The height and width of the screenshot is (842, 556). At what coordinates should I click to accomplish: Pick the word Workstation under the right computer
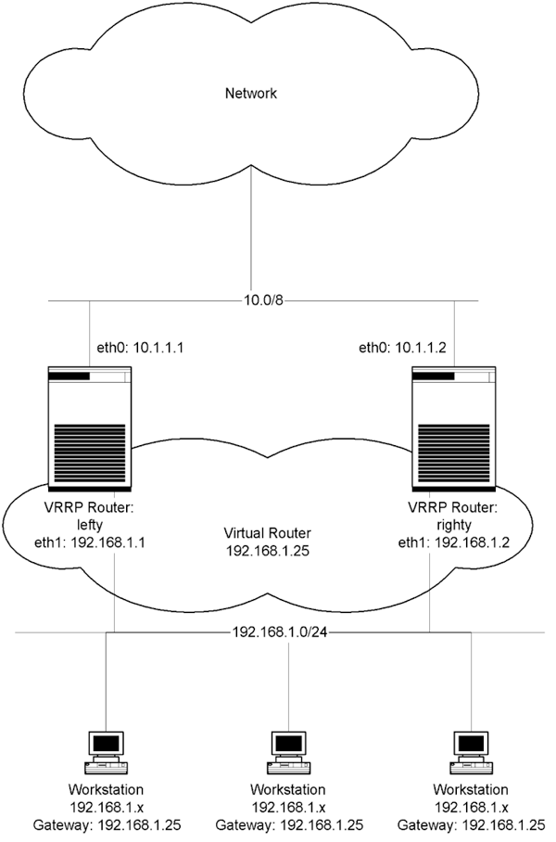click(471, 789)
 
